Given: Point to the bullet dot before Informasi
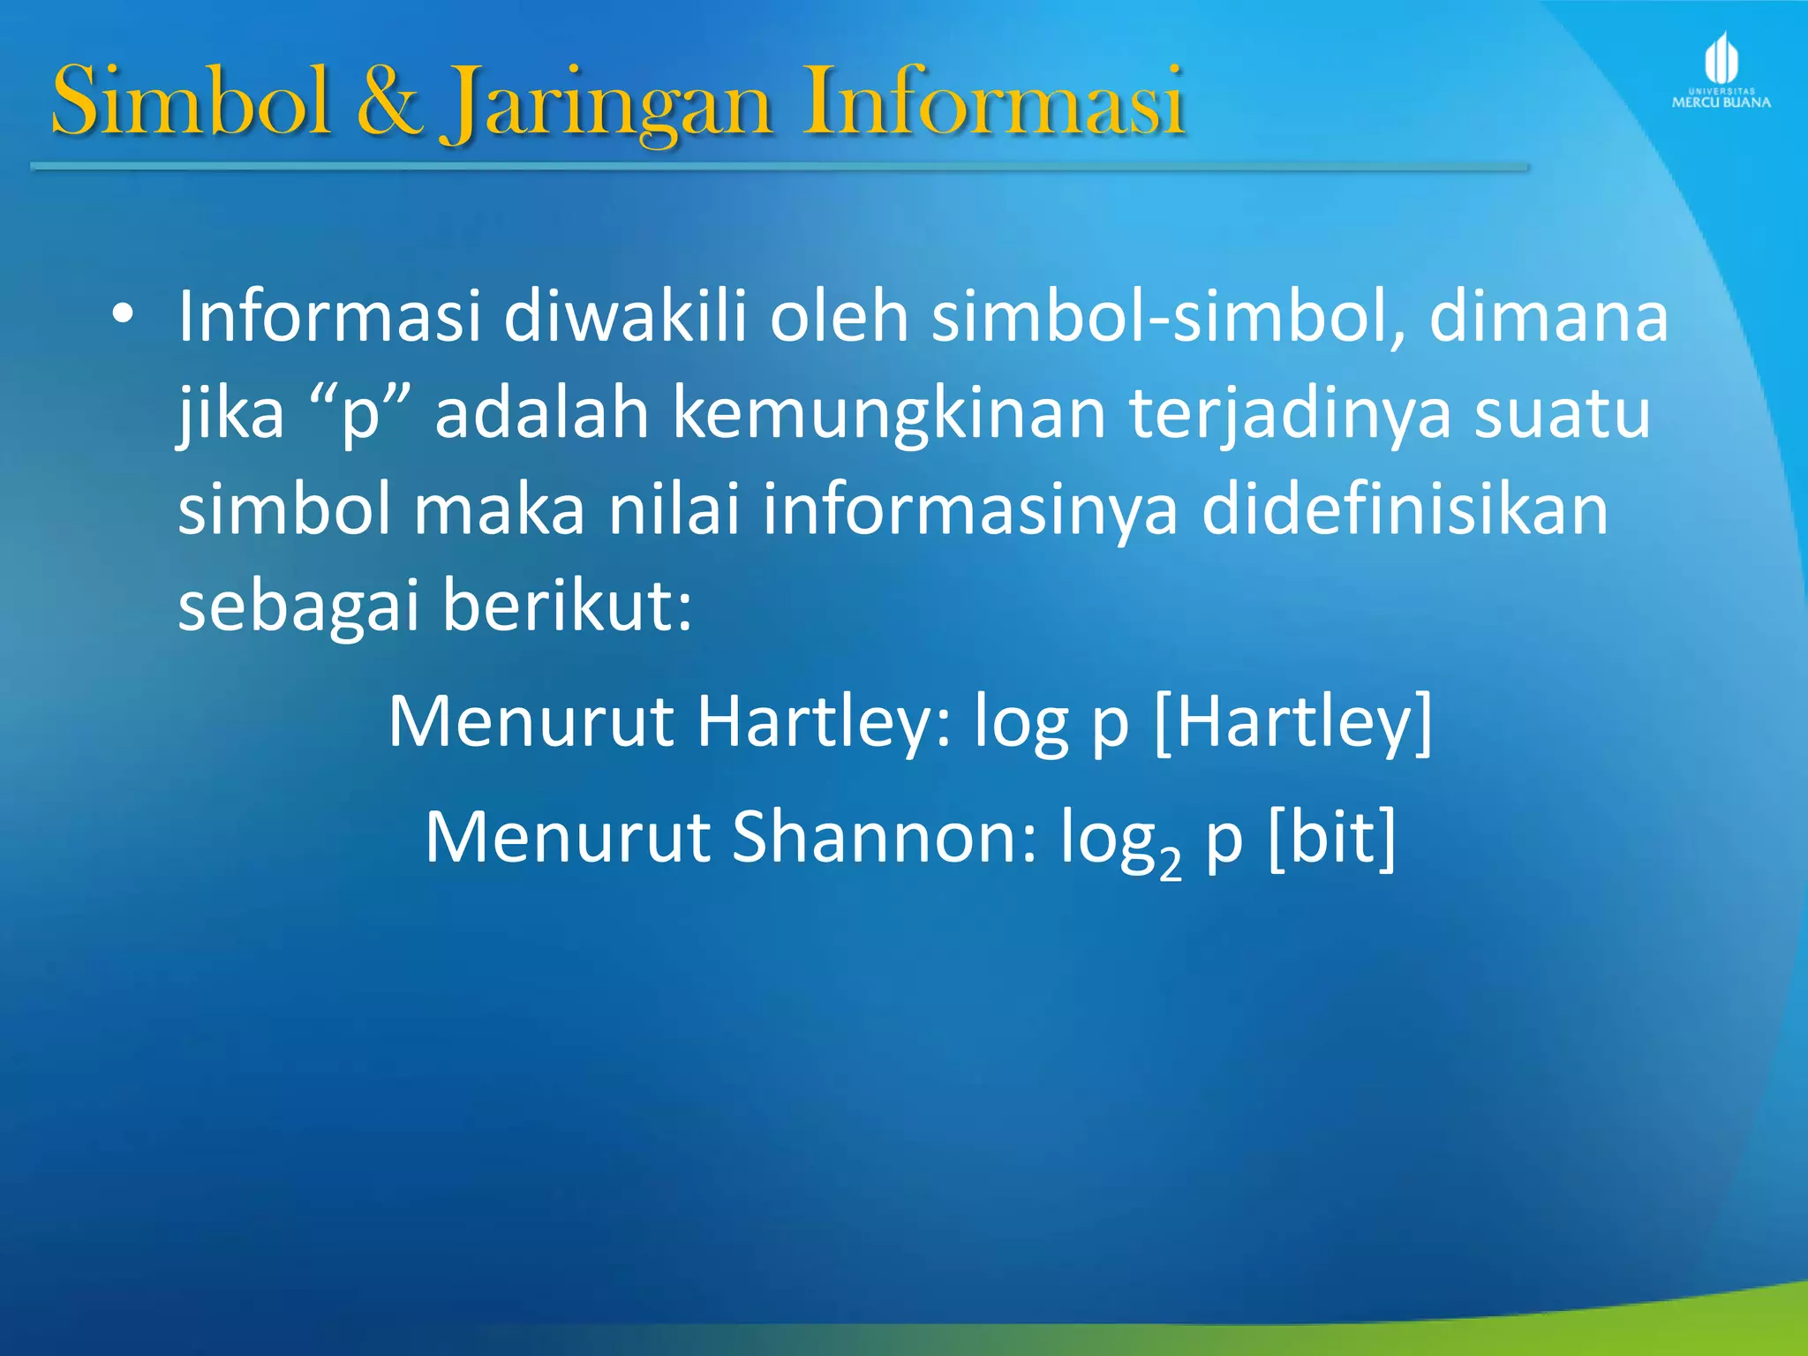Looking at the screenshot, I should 123,314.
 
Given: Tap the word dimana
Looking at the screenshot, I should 1548,316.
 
